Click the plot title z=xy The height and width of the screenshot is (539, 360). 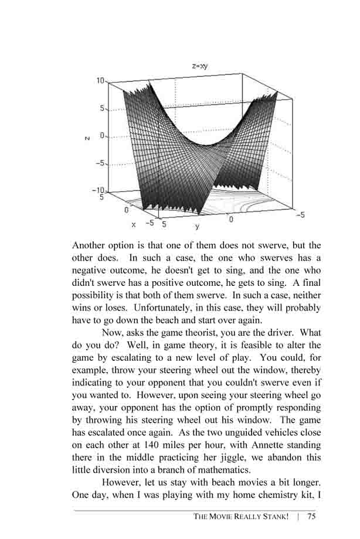point(200,66)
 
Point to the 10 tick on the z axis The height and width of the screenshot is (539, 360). point(100,81)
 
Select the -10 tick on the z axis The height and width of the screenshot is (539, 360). point(97,190)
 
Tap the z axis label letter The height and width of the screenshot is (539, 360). point(87,138)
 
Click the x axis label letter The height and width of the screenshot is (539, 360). point(134,224)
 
